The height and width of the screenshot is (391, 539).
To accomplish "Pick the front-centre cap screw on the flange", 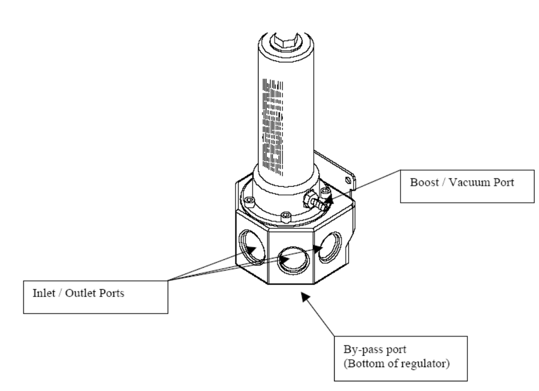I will tap(286, 217).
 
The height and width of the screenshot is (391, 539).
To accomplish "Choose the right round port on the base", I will tap(330, 246).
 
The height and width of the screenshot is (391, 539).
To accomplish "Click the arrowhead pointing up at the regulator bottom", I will tap(305, 296).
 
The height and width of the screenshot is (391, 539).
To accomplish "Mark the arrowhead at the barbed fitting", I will tap(328, 199).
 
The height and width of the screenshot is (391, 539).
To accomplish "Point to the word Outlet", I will tap(81, 293).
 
